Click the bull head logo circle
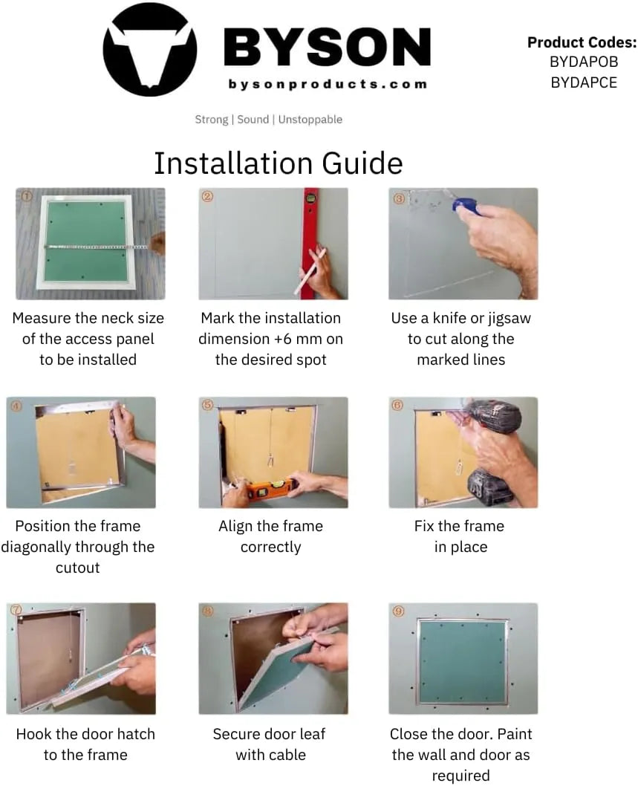[x=149, y=49]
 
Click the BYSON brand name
[x=327, y=47]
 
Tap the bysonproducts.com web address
[x=328, y=84]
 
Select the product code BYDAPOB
[x=583, y=62]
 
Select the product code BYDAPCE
[x=583, y=82]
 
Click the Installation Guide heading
[x=278, y=163]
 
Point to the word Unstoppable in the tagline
[x=310, y=120]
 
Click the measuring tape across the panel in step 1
[x=97, y=246]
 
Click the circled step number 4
[x=16, y=406]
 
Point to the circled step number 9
[x=399, y=611]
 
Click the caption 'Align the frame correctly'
[x=270, y=536]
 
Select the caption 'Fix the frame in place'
[x=459, y=536]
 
